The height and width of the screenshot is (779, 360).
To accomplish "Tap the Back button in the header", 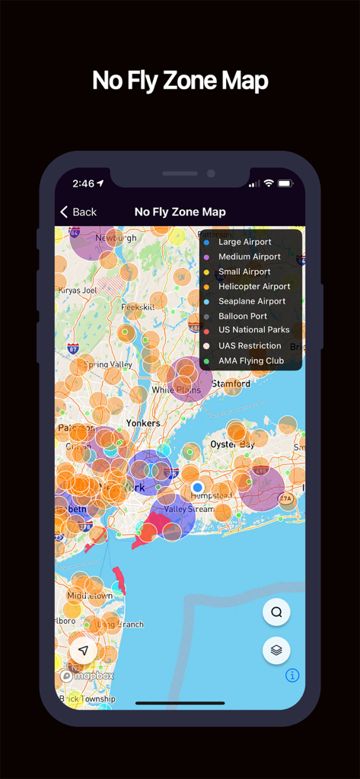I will point(78,212).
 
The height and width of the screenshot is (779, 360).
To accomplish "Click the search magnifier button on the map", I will point(276,612).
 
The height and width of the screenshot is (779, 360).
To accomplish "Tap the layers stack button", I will point(276,650).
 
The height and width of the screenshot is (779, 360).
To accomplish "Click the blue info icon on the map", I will point(292,676).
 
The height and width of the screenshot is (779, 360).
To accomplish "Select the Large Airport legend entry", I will point(244,242).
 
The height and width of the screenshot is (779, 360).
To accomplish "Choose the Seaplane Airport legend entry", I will point(251,301).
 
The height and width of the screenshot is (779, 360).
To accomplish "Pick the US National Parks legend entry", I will point(253,330).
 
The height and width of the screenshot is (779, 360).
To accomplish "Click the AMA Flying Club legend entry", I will point(250,361).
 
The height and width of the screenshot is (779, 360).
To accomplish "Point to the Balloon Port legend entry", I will point(242,316).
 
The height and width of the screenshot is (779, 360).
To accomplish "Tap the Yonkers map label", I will point(143,423).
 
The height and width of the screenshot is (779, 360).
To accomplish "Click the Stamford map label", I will point(231,384).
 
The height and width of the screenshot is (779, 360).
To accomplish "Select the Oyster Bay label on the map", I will point(232,444).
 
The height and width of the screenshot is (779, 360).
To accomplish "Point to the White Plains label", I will point(176,389).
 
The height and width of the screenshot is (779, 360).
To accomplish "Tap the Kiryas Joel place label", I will point(78,290).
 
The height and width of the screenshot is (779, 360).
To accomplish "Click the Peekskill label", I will point(137,307).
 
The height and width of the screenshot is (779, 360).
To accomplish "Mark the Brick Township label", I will point(88,699).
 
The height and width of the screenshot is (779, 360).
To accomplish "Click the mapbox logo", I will point(88,676).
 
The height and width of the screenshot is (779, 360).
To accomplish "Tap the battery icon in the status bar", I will point(285,183).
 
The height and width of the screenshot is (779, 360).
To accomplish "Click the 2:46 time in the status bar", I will point(84,183).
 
